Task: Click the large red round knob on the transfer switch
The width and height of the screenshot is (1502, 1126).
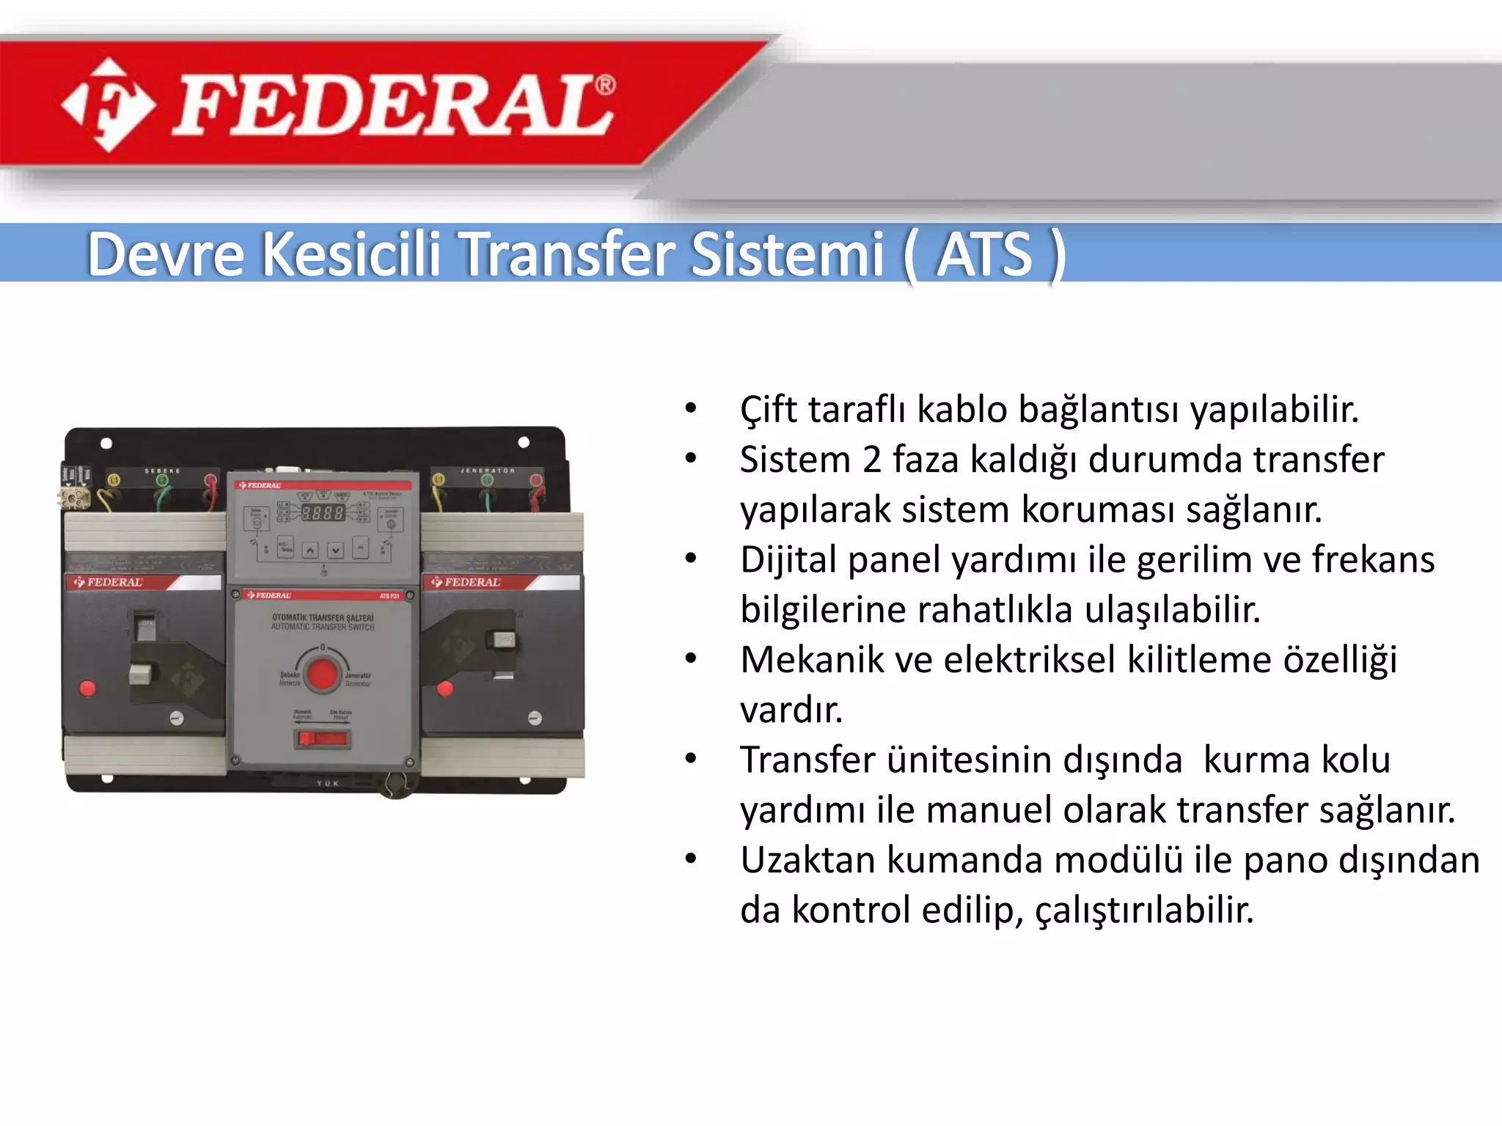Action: [x=323, y=673]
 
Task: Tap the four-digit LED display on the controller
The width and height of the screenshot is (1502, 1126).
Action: [x=323, y=513]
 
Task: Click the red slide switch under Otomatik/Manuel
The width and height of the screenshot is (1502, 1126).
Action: [x=321, y=737]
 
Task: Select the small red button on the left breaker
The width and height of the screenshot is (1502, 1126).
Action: [x=87, y=688]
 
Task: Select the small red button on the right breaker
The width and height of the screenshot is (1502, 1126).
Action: [x=444, y=688]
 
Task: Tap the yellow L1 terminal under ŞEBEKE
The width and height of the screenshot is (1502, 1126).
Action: [x=114, y=481]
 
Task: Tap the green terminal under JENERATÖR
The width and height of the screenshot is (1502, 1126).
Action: [x=487, y=480]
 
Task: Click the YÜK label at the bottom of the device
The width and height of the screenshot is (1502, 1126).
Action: [x=328, y=784]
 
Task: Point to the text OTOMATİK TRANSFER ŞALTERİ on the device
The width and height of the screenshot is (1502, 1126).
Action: [x=323, y=618]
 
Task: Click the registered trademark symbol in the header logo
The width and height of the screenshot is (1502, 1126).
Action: [x=605, y=86]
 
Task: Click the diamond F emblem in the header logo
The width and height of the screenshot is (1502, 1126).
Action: [x=109, y=105]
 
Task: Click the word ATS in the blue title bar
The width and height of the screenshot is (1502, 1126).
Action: [x=984, y=254]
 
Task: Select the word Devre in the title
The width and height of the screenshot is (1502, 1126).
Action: [x=166, y=254]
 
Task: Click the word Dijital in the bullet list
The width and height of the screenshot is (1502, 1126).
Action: [x=789, y=560]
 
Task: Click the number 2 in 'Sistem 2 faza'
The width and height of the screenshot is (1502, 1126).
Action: [x=871, y=460]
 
